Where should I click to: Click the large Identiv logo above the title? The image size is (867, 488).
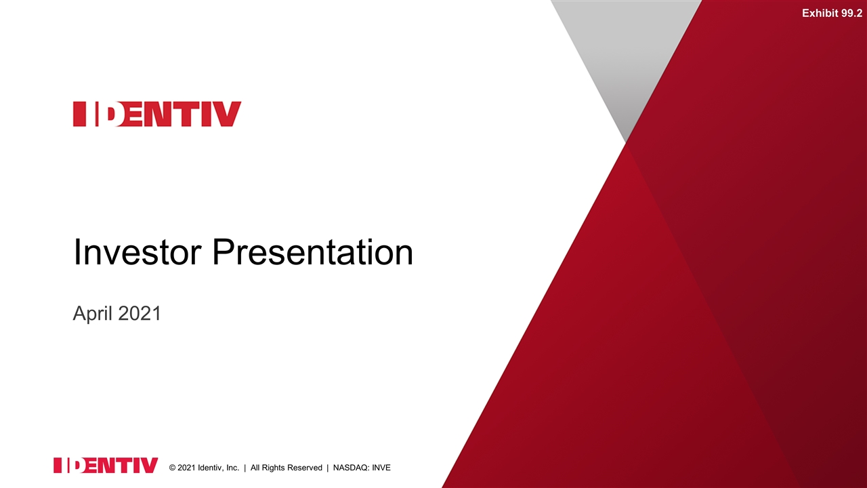[157, 114]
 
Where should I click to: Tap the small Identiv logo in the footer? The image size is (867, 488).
[106, 465]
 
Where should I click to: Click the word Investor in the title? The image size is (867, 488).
[138, 252]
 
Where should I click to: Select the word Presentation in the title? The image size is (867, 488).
[313, 252]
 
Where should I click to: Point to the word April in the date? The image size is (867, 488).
[93, 314]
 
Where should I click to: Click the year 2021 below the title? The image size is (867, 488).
[139, 313]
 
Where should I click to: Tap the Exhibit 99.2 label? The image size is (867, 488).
[832, 13]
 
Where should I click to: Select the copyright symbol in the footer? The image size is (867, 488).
[172, 468]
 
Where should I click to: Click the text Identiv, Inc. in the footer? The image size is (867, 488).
[218, 468]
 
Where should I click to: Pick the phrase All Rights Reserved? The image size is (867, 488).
[286, 468]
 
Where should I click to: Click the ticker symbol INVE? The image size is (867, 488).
[381, 468]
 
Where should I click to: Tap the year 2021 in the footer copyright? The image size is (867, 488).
[186, 468]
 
